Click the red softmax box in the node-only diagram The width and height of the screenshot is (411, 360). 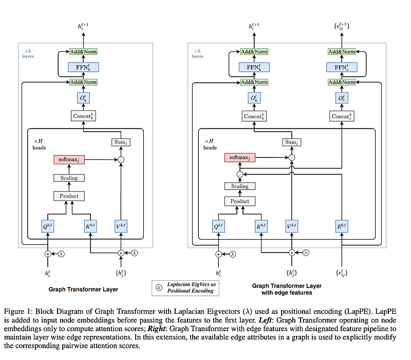click(x=69, y=160)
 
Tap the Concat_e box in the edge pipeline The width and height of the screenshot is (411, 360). click(x=341, y=116)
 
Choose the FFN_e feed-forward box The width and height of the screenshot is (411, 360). click(x=341, y=67)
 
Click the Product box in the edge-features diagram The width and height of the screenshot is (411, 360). click(x=239, y=201)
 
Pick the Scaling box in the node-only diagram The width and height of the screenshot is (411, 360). click(x=69, y=178)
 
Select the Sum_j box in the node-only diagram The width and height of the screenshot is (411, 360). click(x=122, y=141)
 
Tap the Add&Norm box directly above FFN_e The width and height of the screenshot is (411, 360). click(x=341, y=52)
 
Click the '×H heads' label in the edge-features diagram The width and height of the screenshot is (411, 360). click(x=210, y=144)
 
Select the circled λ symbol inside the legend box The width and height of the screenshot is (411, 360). click(x=159, y=288)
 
